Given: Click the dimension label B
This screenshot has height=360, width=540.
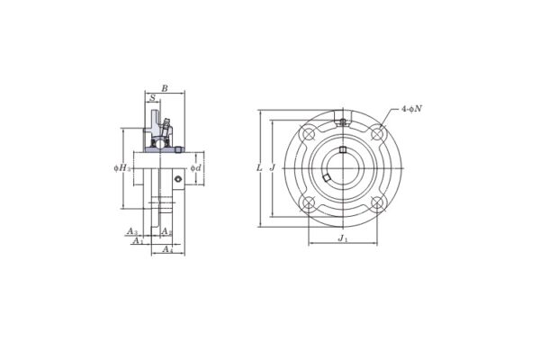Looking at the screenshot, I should [164, 88].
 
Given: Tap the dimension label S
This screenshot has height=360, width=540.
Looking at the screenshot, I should [152, 98].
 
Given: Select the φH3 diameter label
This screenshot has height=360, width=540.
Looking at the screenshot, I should [122, 168].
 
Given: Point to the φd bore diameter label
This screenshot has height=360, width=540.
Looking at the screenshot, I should [195, 168].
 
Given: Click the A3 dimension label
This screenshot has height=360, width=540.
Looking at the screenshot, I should [131, 231].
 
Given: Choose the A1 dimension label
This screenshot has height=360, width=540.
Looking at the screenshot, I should [137, 240].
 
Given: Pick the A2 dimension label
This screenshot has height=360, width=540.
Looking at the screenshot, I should [166, 231].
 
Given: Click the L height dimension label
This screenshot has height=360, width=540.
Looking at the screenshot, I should [259, 168].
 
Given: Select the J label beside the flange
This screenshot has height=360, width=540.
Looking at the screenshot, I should [271, 168].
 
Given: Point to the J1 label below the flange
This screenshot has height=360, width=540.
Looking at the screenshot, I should [343, 238].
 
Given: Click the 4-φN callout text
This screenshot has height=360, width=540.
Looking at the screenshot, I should [411, 109].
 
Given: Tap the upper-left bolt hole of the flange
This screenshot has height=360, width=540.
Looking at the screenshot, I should [309, 134].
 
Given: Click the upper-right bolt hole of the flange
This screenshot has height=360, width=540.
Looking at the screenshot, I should [377, 134].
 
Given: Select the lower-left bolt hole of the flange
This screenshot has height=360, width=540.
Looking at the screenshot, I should [309, 202].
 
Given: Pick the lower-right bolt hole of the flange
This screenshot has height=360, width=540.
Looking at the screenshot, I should [377, 202].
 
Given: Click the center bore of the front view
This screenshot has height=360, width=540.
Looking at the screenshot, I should [343, 168].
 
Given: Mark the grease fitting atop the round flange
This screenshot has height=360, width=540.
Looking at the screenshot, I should [343, 121].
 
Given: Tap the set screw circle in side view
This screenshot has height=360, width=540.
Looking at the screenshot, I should [178, 180].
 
